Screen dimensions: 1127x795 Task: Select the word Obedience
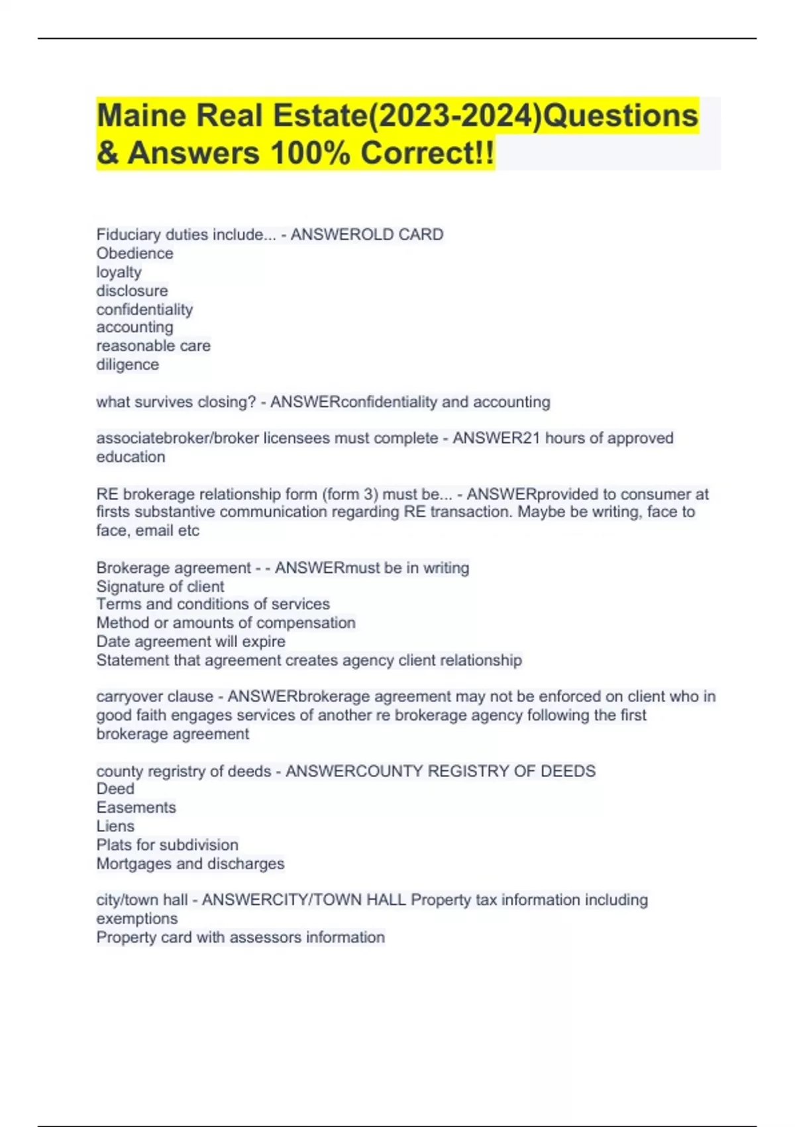pyautogui.click(x=134, y=253)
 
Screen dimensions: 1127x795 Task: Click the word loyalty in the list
pyautogui.click(x=119, y=272)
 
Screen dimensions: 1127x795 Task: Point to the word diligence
pyautogui.click(x=127, y=365)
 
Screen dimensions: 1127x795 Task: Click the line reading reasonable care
pyautogui.click(x=153, y=346)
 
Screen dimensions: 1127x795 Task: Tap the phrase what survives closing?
pyautogui.click(x=176, y=402)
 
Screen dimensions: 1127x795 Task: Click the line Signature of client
pyautogui.click(x=160, y=587)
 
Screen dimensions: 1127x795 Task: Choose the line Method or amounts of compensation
pyautogui.click(x=225, y=623)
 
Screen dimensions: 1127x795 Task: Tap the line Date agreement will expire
pyautogui.click(x=191, y=642)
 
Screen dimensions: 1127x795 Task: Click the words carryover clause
pyautogui.click(x=154, y=697)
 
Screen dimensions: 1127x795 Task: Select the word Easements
pyautogui.click(x=136, y=807)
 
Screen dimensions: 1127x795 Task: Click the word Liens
pyautogui.click(x=115, y=826)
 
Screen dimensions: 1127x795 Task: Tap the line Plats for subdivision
pyautogui.click(x=167, y=845)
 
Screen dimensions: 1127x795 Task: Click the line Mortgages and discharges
pyautogui.click(x=190, y=864)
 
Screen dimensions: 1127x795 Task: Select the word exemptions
pyautogui.click(x=136, y=919)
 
